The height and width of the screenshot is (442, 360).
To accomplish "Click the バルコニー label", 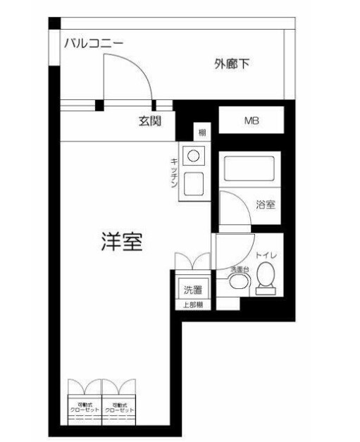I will point(93,44).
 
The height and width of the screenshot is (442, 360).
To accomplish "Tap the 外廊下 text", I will point(233,65).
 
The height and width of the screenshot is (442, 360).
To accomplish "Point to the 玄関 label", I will point(150,121).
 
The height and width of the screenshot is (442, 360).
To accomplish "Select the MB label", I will point(252,121).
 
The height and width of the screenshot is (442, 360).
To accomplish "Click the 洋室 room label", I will point(121,243).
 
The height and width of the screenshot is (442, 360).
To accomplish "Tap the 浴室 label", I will point(265,204).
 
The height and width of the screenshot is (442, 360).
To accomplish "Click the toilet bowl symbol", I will point(266,278).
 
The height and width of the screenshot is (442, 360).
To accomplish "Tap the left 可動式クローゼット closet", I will point(84,408).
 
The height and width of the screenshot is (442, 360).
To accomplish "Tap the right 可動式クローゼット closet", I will point(118,408).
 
